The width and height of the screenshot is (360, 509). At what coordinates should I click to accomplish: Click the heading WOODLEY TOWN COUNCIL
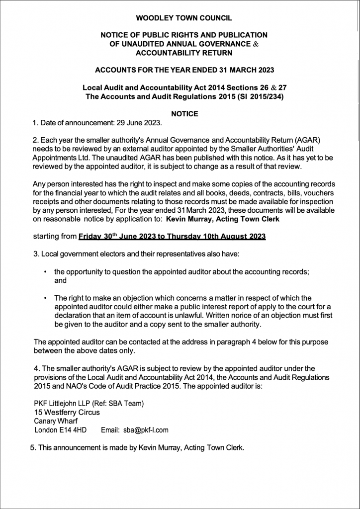tap(184, 18)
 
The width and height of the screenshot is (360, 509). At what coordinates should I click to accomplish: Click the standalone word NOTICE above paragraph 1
tap(184, 114)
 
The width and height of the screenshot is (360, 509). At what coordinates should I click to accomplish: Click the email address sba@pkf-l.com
tap(146, 430)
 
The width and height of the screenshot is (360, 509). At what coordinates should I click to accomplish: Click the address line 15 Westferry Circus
tap(67, 412)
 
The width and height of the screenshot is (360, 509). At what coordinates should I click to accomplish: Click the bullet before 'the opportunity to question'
tap(46, 272)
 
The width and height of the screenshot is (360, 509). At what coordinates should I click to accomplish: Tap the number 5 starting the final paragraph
tap(32, 448)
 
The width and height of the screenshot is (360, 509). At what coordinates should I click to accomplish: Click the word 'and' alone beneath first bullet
tap(60, 280)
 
